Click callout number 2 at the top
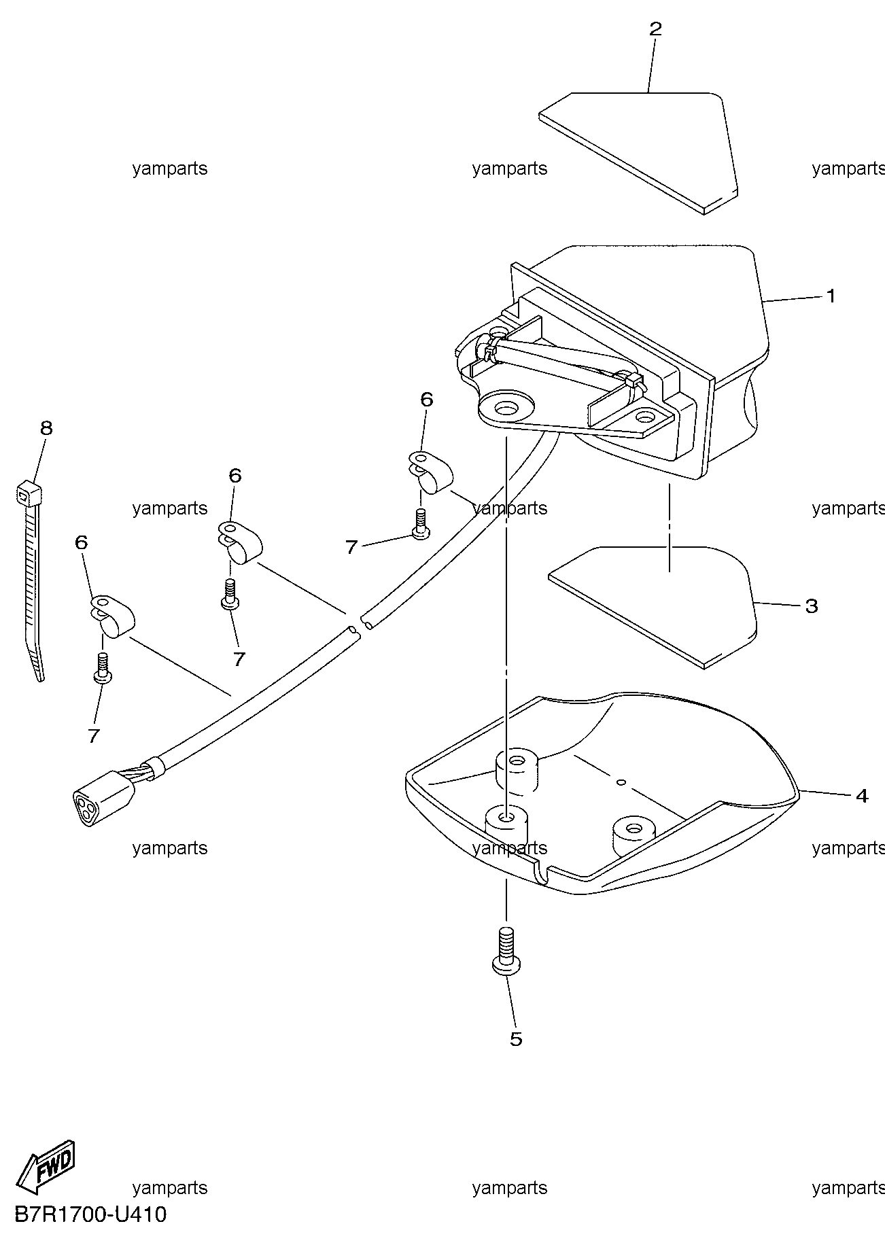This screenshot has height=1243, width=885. click(x=655, y=29)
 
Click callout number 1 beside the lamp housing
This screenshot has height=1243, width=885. click(x=830, y=296)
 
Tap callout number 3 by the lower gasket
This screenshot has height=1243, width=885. click(x=811, y=606)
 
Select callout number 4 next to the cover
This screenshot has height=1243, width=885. click(x=861, y=795)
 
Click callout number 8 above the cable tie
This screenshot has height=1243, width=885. click(x=46, y=428)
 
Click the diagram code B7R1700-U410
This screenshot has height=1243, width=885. click(x=89, y=1214)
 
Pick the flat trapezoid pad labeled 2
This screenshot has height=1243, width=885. click(x=639, y=152)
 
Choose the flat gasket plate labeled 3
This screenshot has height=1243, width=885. click(x=653, y=605)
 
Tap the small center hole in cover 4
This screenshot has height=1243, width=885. click(x=621, y=782)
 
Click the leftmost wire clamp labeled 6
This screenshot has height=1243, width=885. click(x=111, y=616)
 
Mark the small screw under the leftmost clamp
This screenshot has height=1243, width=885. click(x=102, y=667)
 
